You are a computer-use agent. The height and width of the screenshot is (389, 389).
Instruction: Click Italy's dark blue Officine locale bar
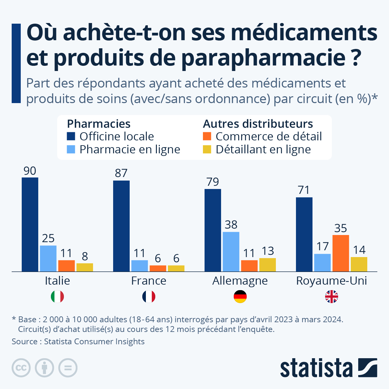[30, 224]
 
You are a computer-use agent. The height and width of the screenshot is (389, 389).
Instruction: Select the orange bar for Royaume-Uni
[341, 253]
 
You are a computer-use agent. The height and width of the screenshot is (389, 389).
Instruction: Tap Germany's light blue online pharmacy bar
[231, 252]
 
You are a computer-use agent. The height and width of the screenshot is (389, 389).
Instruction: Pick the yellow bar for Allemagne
[267, 265]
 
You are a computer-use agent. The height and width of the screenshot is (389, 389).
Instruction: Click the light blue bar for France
[140, 265]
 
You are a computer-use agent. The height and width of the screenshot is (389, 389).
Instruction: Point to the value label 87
[121, 173]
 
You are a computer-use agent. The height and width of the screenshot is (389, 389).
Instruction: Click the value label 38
[231, 224]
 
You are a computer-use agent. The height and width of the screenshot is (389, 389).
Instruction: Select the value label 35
[341, 228]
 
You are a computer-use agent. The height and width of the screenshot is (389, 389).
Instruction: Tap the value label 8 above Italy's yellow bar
[85, 256]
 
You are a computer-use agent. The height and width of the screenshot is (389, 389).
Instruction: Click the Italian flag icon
[57, 297]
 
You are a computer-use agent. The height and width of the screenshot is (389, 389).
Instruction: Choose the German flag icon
[240, 297]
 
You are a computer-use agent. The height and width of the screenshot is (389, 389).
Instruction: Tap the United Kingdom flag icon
[332, 297]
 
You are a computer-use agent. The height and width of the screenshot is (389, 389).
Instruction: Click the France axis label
[149, 281]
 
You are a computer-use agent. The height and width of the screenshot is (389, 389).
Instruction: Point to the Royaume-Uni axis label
[332, 281]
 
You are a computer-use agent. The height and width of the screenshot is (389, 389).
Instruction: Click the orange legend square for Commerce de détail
[207, 136]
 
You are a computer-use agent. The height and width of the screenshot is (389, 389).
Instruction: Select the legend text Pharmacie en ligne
[130, 149]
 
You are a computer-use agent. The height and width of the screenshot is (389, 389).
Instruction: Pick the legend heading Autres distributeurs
[258, 124]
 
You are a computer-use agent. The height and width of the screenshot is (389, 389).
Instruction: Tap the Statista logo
[328, 368]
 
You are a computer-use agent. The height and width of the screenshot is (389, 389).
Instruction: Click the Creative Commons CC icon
[21, 368]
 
